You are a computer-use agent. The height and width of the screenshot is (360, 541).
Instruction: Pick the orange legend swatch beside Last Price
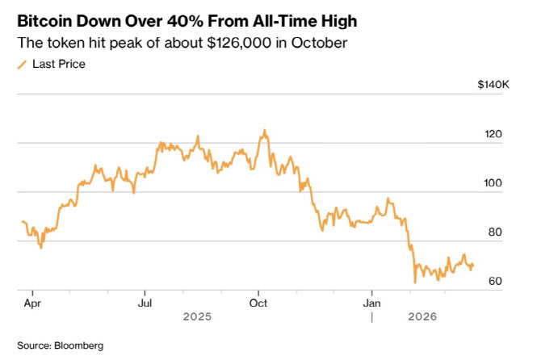point(22,64)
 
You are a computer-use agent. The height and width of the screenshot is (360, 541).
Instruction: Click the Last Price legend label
point(59,64)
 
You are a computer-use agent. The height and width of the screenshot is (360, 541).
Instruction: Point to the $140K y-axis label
point(493,83)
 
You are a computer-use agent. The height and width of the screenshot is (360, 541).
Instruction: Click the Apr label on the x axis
point(31,303)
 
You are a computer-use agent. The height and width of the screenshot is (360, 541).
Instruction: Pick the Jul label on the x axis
point(145,303)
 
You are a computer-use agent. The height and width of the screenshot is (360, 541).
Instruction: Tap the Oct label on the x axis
point(258,303)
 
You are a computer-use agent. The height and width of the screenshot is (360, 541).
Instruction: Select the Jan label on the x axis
point(371,303)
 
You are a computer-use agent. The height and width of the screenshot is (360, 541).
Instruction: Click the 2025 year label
point(197,317)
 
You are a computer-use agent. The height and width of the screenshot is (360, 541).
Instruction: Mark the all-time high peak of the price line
point(263,129)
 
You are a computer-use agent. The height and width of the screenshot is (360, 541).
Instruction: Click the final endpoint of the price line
point(473,265)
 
